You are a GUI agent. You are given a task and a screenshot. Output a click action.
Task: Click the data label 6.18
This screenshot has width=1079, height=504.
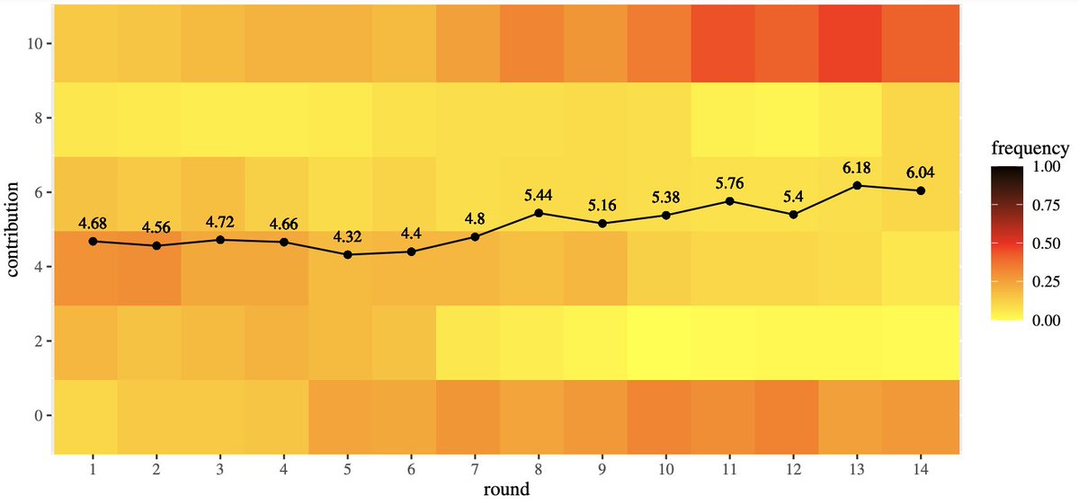[857, 168]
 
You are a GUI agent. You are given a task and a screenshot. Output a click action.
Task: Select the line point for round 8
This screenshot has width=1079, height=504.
[539, 213]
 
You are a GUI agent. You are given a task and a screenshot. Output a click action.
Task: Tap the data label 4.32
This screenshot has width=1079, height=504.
[347, 237]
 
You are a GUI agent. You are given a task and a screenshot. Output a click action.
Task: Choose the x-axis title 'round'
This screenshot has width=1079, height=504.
[507, 491]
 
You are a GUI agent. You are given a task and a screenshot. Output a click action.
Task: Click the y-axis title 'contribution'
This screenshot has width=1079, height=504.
[15, 229]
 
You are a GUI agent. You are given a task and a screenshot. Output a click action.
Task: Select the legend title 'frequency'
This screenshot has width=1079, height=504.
[1030, 148]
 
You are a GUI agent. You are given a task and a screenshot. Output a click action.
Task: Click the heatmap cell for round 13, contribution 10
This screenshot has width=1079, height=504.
[857, 43]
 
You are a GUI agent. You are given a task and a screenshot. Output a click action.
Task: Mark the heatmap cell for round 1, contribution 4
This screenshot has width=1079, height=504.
[93, 267]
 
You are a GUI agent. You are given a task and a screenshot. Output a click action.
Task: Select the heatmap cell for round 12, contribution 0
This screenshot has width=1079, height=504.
[793, 416]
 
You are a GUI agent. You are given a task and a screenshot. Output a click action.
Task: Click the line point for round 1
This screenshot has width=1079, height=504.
[93, 241]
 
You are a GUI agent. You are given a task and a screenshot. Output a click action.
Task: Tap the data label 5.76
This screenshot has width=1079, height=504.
[729, 183]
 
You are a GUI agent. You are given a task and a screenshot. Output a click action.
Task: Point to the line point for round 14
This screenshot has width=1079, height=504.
[921, 190]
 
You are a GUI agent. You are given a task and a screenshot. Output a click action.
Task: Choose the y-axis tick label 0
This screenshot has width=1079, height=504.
[35, 416]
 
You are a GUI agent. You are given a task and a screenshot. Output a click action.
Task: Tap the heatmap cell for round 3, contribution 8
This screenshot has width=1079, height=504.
[220, 118]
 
